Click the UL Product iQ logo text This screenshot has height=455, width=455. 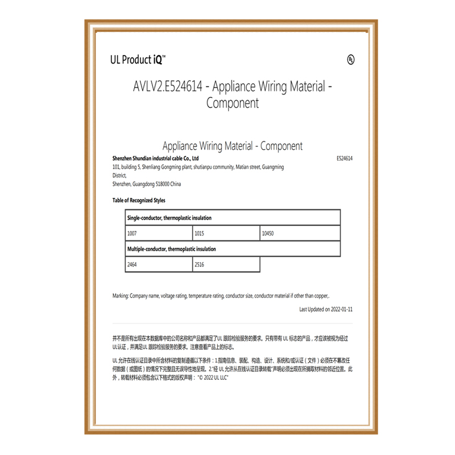pos(138,59)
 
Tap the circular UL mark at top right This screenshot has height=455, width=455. pos(350,60)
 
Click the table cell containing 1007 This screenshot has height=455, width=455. pos(159,233)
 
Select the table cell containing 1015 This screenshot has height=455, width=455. pos(226,233)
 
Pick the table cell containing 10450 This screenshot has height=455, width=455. pos(300,233)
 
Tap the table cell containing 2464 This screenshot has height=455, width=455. pos(159,264)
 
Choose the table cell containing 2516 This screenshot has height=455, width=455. pos(226,264)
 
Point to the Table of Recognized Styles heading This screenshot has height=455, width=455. pos(139,200)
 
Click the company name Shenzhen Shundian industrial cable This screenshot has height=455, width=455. pos(155,159)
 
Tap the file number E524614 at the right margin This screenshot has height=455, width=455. pos(345,159)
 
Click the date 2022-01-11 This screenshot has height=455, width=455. pos(342,309)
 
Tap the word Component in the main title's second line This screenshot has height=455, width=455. pos(233,104)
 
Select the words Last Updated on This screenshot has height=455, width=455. pos(312,309)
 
